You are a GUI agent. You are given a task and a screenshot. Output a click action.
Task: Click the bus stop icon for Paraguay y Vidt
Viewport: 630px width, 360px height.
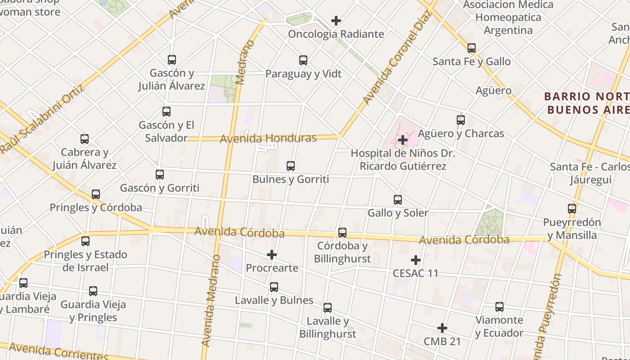[303, 60]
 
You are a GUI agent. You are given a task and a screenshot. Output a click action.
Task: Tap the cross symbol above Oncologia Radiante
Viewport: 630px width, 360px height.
[336, 21]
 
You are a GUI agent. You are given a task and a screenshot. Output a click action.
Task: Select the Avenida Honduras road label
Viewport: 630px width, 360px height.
[268, 138]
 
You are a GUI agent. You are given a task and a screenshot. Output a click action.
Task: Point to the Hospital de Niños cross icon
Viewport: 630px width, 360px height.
[403, 140]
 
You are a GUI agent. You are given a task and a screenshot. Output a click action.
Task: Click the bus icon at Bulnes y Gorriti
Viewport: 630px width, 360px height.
[291, 166]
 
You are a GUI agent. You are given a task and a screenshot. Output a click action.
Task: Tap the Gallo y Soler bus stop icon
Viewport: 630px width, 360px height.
[398, 200]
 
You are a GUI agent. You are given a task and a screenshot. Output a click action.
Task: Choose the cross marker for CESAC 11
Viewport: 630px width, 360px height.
[416, 260]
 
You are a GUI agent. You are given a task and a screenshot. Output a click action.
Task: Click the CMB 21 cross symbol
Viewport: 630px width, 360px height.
[442, 328]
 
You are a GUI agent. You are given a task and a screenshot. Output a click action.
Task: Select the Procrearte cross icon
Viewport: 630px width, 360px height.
[272, 255]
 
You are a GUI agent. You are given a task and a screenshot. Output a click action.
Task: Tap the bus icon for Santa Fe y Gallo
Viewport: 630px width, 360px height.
[472, 48]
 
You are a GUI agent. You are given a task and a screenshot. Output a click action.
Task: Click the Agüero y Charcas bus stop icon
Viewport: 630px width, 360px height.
[461, 120]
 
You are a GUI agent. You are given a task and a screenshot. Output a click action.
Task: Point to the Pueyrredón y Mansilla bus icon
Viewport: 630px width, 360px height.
[572, 209]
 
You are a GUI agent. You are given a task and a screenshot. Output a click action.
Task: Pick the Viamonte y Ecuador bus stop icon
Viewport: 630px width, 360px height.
[499, 307]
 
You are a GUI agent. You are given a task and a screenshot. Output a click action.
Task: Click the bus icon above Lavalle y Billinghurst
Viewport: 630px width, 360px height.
[328, 308]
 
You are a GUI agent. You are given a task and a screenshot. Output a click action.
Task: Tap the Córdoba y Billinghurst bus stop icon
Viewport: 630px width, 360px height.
[342, 233]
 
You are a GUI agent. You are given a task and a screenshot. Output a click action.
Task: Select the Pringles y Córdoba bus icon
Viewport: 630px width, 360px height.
[96, 194]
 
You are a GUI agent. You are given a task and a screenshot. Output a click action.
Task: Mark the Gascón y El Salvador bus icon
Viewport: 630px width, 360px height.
[166, 112]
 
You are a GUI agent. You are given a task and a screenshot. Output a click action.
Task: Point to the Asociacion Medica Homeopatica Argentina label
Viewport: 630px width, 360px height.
[508, 18]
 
